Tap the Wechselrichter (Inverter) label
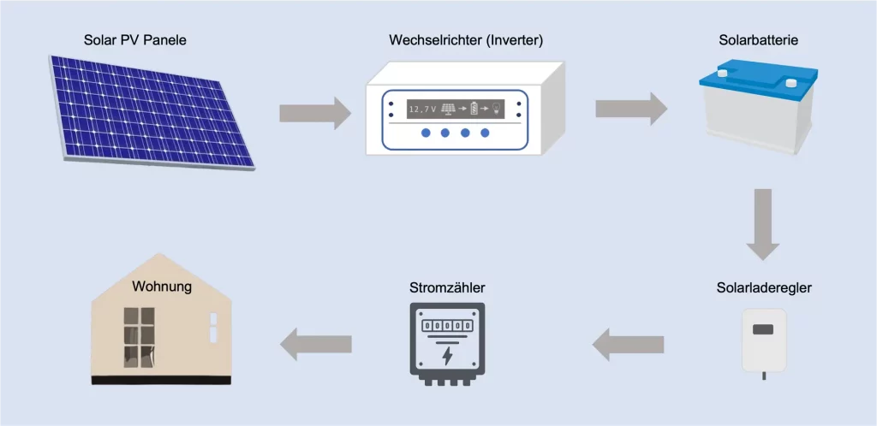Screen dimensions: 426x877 [x=466, y=40]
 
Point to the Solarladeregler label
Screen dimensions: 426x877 [x=764, y=287]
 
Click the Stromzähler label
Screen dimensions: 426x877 [x=445, y=287]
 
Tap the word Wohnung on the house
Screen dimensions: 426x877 [x=162, y=287]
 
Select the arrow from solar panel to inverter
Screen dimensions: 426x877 [x=314, y=111]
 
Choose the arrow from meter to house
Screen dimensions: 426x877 [x=316, y=344]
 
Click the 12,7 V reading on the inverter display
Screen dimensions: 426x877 [x=422, y=109]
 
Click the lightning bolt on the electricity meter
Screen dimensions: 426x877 [x=446, y=354]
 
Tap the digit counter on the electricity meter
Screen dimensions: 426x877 [x=446, y=326]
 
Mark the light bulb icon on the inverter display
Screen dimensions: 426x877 [x=498, y=109]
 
